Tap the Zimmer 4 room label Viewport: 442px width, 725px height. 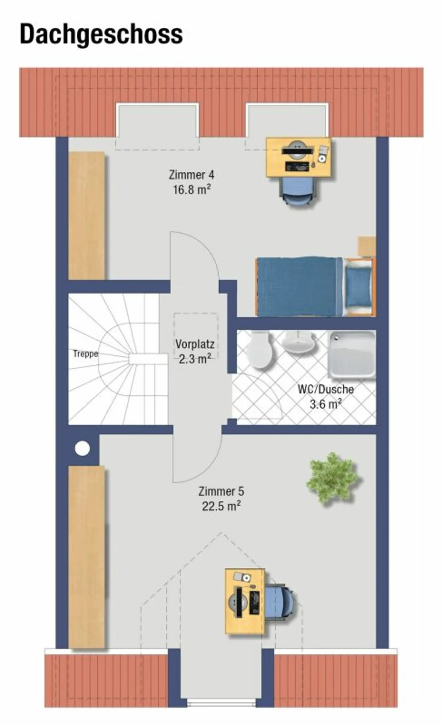pos(192,175)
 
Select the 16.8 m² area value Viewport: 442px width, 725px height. pos(192,190)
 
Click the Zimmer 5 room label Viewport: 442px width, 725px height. pos(221,492)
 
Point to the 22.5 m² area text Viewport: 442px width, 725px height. pos(221,506)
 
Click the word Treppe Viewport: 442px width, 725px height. pos(85,354)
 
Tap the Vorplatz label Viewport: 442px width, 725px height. pos(195,344)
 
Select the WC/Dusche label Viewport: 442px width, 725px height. pos(326,390)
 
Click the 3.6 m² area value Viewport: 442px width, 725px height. pos(326,404)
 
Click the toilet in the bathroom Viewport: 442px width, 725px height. pos(259,350)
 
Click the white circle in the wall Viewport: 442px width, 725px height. pos(82,448)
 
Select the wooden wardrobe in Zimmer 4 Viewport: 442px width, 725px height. pos(87,215)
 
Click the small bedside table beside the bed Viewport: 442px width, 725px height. pos(366,247)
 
